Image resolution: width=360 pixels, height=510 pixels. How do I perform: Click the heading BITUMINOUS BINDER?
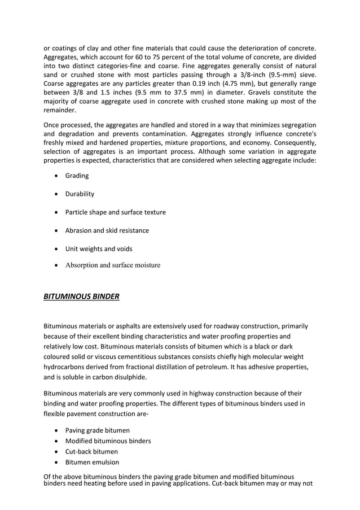(81, 296)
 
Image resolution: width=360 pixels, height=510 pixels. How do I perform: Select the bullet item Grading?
(77, 176)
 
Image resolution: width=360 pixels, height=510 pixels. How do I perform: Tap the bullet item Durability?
(80, 194)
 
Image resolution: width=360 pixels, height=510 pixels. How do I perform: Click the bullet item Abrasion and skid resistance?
(107, 230)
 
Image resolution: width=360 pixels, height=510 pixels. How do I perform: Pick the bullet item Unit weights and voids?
(99, 249)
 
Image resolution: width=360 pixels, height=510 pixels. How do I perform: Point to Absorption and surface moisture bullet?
(112, 265)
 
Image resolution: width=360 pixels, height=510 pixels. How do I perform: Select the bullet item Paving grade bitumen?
(97, 430)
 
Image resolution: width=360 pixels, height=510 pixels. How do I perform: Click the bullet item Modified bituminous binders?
(108, 441)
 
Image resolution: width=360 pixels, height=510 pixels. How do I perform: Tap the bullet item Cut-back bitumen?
(91, 451)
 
